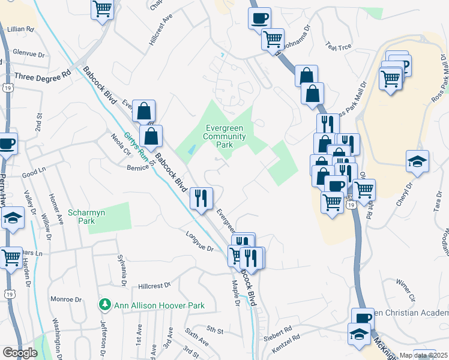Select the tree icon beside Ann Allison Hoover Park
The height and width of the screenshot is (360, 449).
(106, 305)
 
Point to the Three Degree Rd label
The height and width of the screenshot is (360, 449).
(43, 77)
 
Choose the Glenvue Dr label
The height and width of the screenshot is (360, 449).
(29, 53)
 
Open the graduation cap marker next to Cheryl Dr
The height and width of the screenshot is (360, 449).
(417, 161)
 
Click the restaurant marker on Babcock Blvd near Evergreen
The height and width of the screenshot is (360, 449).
(201, 199)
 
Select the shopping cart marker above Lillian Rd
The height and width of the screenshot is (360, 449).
(103, 9)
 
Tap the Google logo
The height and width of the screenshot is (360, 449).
(20, 353)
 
